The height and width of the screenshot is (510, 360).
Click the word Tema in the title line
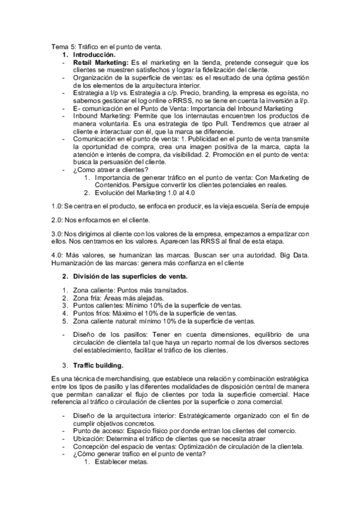[x=59, y=47]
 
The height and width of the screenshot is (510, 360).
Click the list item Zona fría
[x=88, y=298]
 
